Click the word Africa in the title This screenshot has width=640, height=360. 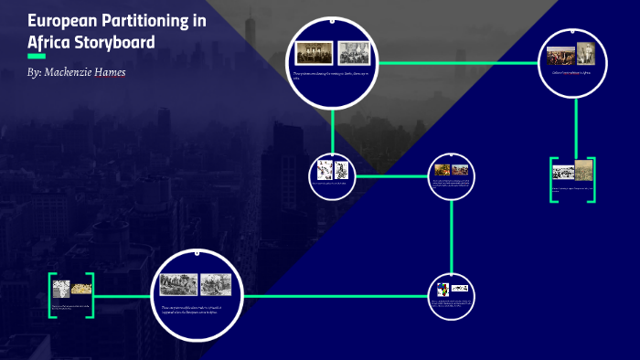tap(49, 42)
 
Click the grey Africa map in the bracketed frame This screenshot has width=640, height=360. tap(61, 288)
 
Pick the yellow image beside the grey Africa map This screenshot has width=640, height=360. tap(81, 287)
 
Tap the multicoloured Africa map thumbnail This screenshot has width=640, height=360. tap(443, 290)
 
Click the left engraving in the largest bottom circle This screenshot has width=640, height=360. tap(178, 285)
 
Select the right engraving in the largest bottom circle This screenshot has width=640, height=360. tap(216, 285)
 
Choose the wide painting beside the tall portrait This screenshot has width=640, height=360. tap(561, 55)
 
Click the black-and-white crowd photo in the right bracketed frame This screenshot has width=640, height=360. tap(563, 171)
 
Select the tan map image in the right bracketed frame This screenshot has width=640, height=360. tap(583, 170)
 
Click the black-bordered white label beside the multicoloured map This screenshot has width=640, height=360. tap(460, 288)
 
